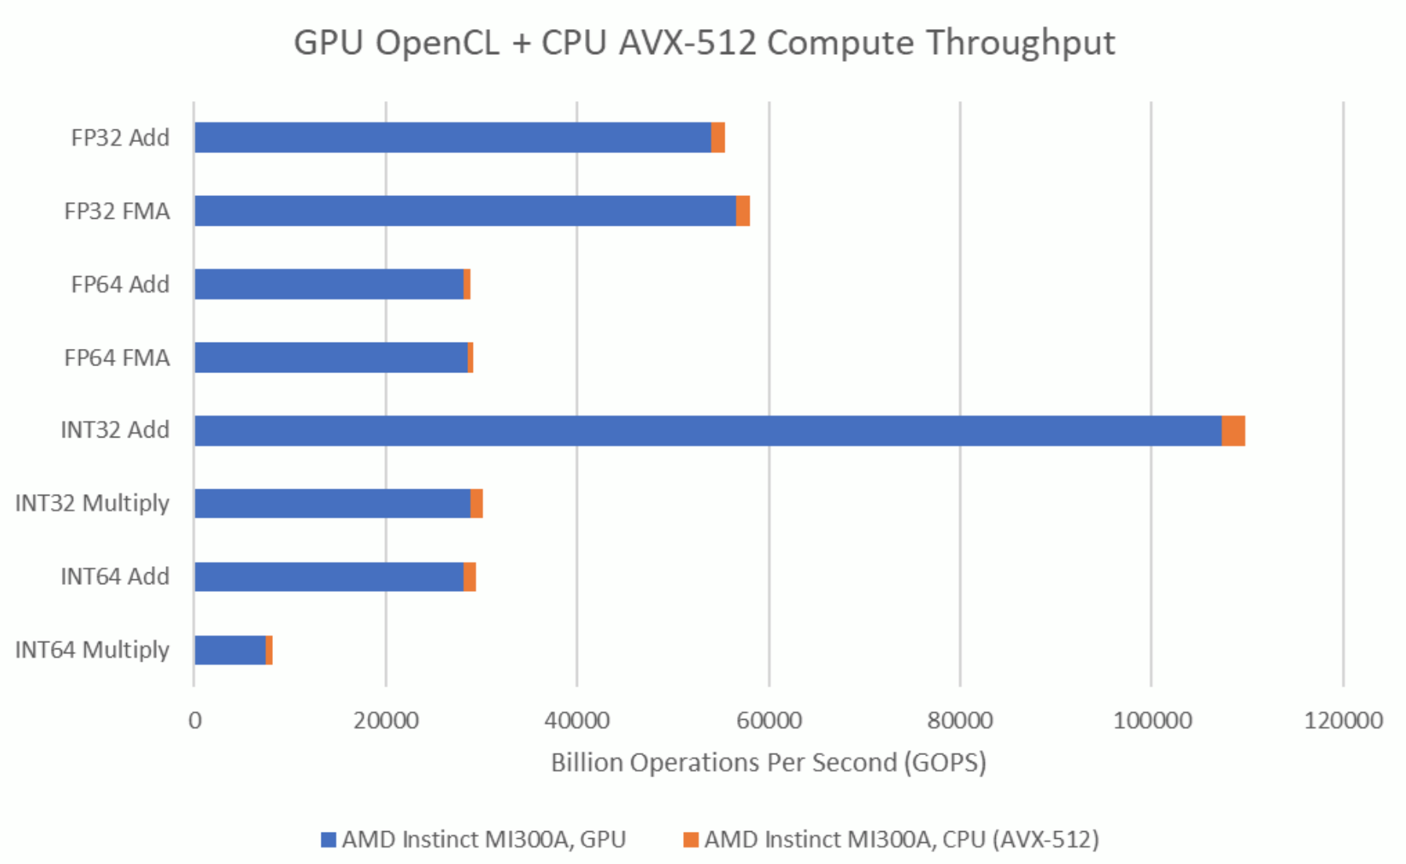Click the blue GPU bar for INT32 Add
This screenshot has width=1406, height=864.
tap(706, 430)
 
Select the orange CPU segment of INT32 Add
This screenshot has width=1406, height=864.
tap(1233, 430)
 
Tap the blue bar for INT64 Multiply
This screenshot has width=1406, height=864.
tap(230, 650)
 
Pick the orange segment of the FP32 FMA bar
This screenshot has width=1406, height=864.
tap(743, 211)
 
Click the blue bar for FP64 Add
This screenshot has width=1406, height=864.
tap(329, 284)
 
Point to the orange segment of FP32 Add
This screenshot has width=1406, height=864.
tap(718, 137)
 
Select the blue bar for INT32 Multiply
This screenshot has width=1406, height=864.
tap(332, 503)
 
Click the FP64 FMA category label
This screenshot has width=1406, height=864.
tap(117, 358)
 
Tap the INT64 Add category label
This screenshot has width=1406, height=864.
tap(115, 576)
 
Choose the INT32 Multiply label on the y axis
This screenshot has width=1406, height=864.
tap(92, 503)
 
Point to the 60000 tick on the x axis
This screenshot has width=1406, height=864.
tap(768, 720)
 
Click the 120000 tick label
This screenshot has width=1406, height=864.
tap(1342, 720)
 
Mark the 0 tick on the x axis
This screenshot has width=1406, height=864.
tap(194, 720)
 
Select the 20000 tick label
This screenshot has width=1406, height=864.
tap(385, 720)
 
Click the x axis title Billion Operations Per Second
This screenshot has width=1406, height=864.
tap(768, 762)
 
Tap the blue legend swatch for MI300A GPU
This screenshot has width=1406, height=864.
tap(329, 840)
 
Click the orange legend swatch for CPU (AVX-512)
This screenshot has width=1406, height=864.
tap(690, 840)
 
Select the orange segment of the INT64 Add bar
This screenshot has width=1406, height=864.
tap(470, 577)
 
